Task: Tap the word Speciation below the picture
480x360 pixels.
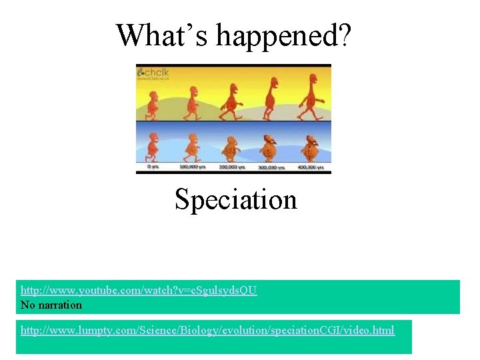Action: click(235, 199)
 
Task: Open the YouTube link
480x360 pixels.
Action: click(139, 291)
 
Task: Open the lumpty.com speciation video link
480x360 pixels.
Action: click(207, 330)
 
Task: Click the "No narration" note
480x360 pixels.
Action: click(51, 305)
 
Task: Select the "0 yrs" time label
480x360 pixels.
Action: click(153, 167)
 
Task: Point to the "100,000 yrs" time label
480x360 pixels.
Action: click(192, 167)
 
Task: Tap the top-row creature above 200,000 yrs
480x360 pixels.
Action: click(231, 99)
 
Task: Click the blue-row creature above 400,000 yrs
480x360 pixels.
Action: click(309, 147)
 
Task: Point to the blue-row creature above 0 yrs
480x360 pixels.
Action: click(153, 146)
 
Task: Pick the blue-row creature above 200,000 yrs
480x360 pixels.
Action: click(231, 147)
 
